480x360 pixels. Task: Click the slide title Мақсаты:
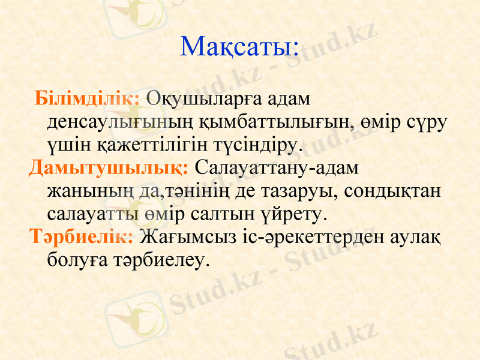239,47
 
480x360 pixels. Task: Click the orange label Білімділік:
88,97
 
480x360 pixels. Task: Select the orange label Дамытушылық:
109,167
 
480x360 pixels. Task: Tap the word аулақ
414,236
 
